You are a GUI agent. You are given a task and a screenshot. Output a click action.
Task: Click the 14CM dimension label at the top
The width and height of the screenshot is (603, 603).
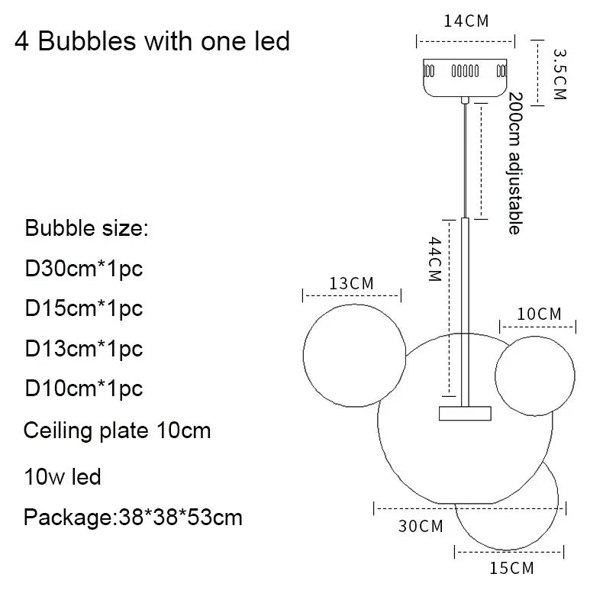(x=466, y=21)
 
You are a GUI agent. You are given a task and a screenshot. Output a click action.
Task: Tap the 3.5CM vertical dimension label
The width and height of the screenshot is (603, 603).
(x=559, y=74)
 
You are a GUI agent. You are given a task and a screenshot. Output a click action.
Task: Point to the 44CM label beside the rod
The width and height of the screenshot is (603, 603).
(x=434, y=260)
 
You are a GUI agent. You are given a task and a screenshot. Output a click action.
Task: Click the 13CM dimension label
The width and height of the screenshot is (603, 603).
(x=351, y=283)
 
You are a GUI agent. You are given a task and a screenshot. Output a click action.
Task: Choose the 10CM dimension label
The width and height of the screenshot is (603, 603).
(x=539, y=314)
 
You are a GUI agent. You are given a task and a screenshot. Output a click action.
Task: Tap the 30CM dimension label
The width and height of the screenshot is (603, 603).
(x=421, y=526)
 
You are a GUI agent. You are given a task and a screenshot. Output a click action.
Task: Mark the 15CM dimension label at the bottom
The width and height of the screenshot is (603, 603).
(x=511, y=567)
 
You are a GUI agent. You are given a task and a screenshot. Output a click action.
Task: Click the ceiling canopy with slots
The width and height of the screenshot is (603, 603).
(x=465, y=76)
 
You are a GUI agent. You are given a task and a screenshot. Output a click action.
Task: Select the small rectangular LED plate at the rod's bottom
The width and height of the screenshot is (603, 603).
(x=465, y=412)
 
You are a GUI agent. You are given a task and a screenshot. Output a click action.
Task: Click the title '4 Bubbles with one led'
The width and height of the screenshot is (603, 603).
(x=153, y=40)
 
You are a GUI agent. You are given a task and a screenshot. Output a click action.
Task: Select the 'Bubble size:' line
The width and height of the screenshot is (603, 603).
(x=89, y=228)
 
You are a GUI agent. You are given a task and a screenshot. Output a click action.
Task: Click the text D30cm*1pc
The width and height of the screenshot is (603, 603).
(x=84, y=269)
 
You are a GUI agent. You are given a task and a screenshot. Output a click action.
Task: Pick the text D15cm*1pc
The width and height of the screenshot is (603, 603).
(x=84, y=308)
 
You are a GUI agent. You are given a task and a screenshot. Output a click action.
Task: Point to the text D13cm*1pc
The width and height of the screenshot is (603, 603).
(x=84, y=349)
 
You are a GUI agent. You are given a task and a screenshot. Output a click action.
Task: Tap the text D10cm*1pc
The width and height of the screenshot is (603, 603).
(x=84, y=389)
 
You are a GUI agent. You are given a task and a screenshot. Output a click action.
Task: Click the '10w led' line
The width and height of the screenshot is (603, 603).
(x=63, y=478)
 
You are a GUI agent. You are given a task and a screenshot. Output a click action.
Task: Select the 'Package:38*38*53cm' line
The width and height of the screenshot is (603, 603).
(x=133, y=518)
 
